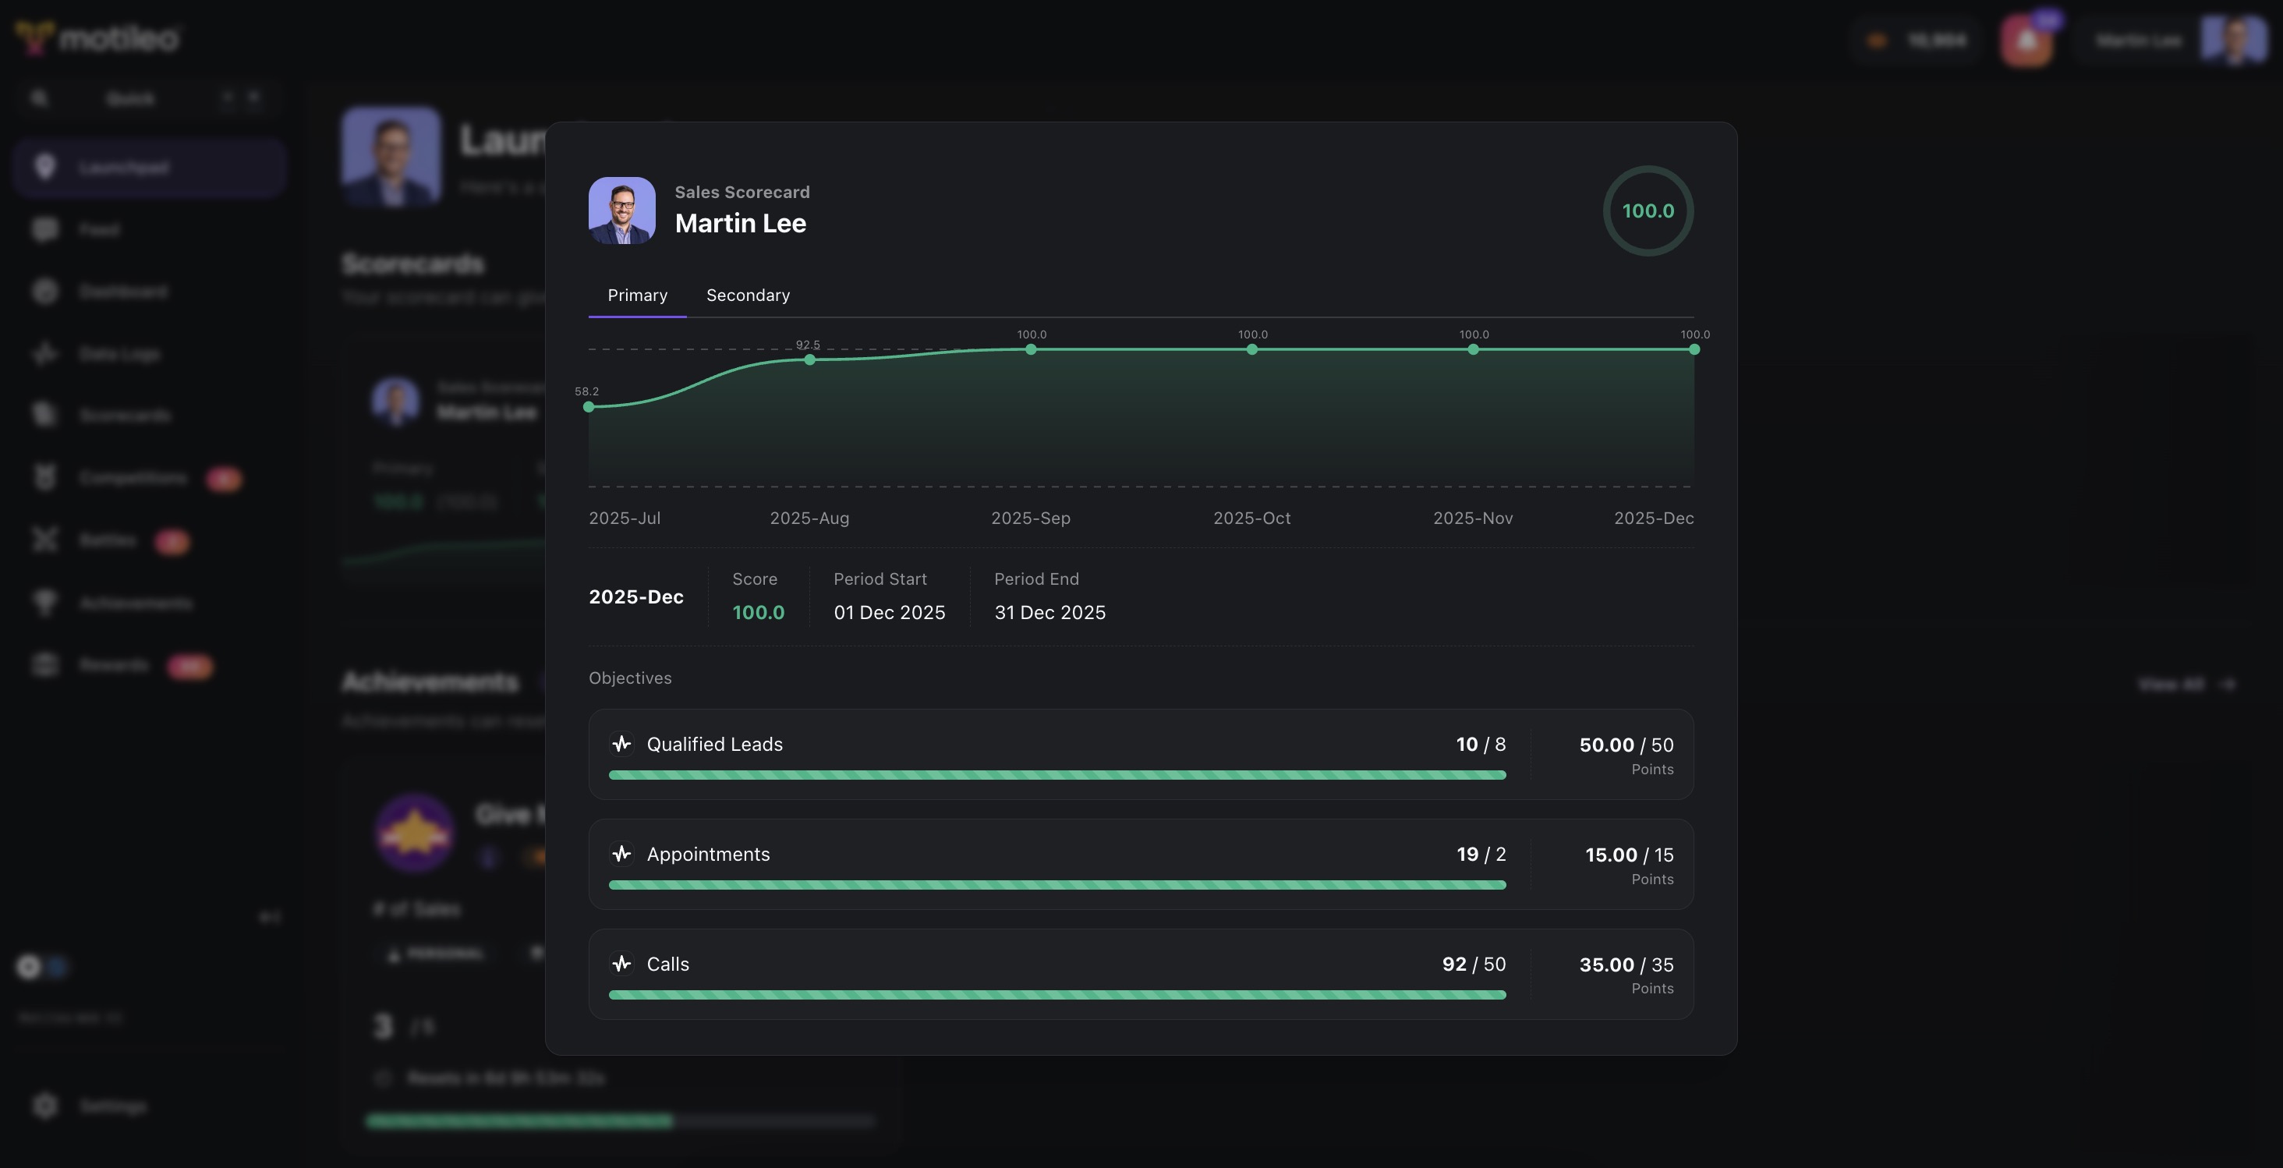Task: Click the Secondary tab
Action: point(747,295)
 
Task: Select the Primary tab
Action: point(637,295)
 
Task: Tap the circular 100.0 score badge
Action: point(1648,211)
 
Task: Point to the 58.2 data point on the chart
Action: point(589,407)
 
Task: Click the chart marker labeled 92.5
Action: point(809,359)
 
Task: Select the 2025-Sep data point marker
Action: point(1031,349)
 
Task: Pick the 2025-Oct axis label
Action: point(1251,518)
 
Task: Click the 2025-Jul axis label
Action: point(624,518)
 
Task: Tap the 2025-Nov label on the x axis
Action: point(1472,518)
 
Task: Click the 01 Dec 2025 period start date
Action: point(889,612)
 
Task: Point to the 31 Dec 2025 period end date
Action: point(1049,612)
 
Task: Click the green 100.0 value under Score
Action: point(758,612)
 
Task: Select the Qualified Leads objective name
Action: point(714,745)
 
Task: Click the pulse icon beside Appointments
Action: point(621,854)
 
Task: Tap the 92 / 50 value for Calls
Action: point(1473,964)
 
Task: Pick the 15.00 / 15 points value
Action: point(1628,855)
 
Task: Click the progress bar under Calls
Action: point(1057,994)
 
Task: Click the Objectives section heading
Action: point(629,678)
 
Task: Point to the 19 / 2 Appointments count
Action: point(1480,855)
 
